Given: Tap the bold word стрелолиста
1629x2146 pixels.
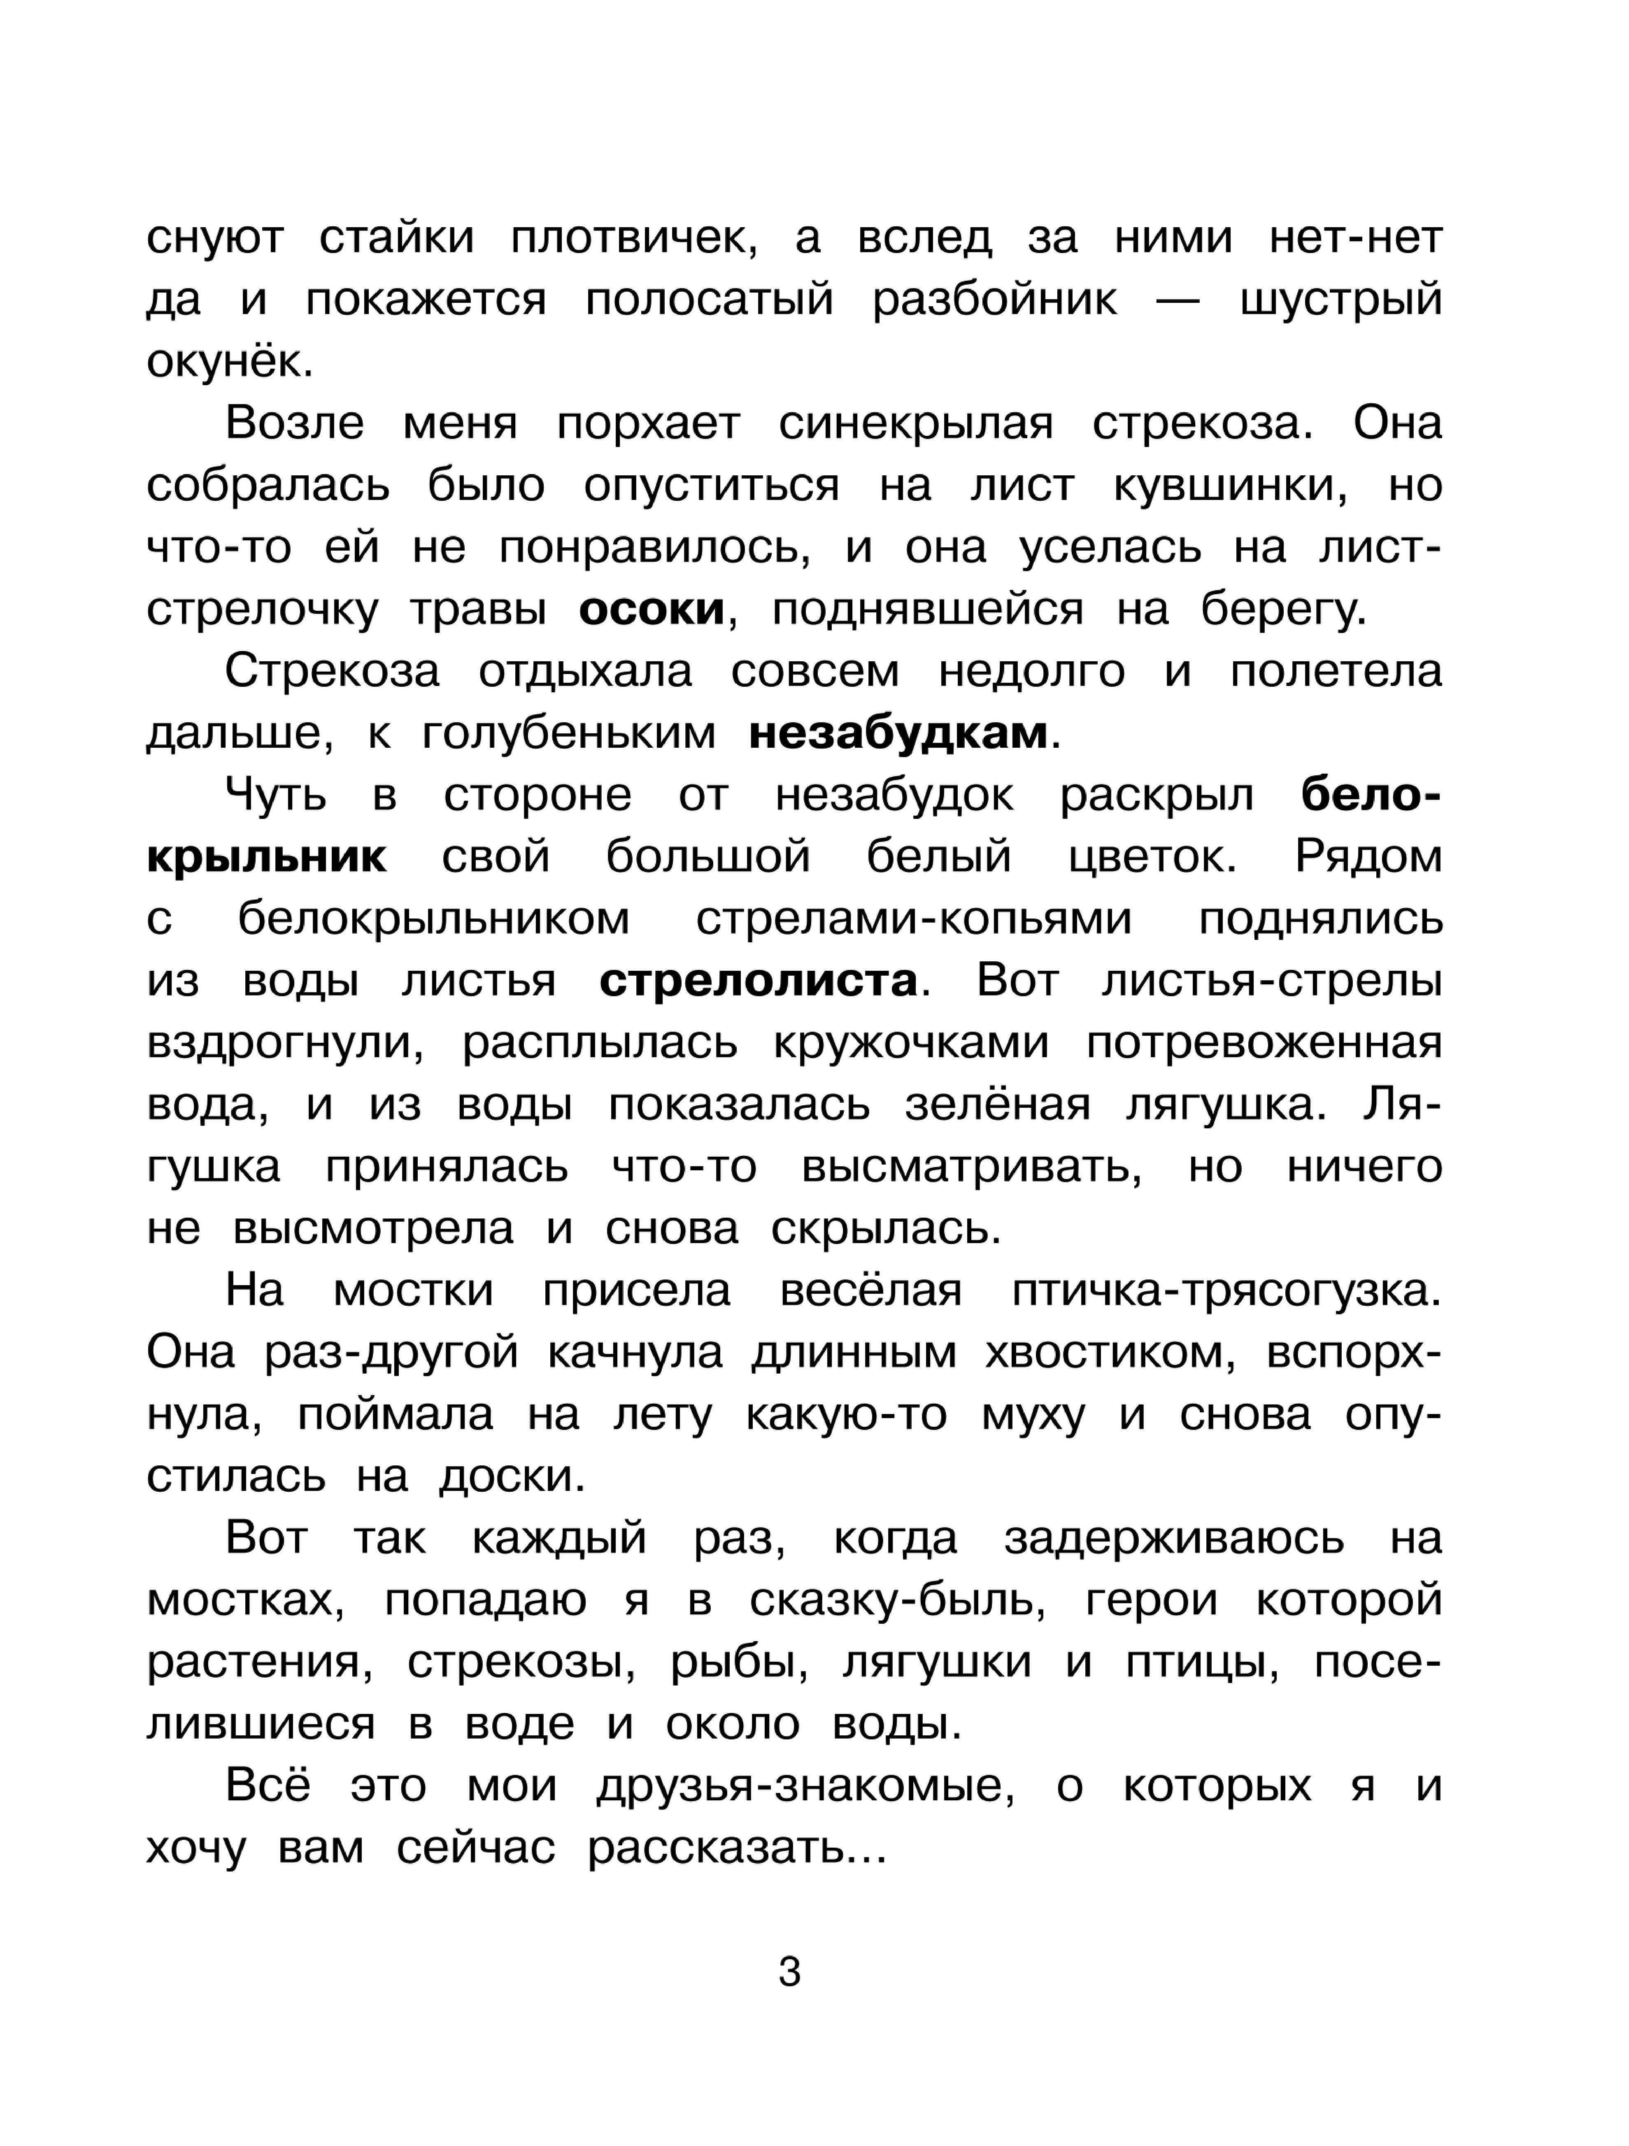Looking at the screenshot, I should (759, 981).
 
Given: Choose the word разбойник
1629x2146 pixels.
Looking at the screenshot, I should (994, 300).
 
